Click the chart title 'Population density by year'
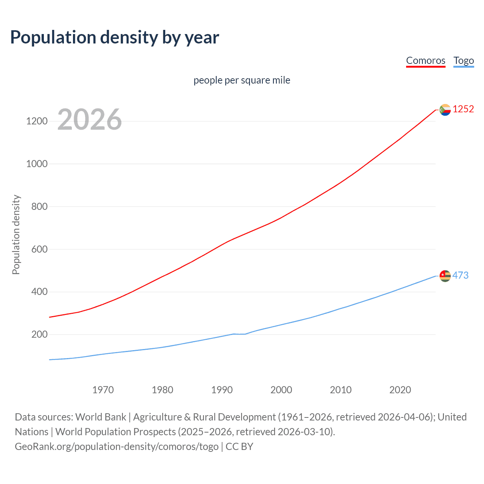point(115,37)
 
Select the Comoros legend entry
point(425,60)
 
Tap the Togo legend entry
point(464,60)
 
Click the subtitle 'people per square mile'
point(242,80)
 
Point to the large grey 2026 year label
point(90,119)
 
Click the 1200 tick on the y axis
point(37,121)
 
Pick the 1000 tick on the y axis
point(37,164)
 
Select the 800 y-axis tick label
point(39,206)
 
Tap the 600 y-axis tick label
point(39,249)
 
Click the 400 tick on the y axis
point(39,292)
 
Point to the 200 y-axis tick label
point(39,335)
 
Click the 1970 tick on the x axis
point(103,390)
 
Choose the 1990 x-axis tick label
point(222,390)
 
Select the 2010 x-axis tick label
point(341,390)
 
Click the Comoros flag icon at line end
point(445,110)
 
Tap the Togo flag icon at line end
point(445,276)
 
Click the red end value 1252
point(463,109)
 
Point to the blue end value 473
point(460,276)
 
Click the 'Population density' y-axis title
point(16,234)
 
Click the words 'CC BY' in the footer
point(239,447)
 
